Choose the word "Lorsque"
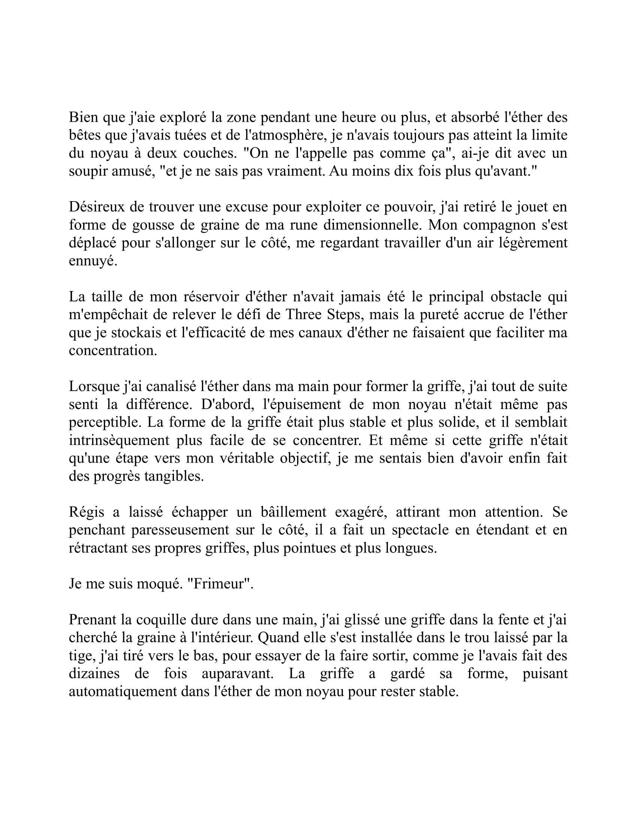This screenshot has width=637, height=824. click(94, 387)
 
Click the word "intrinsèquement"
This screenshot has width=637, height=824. click(119, 440)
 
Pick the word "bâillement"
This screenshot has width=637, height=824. click(293, 512)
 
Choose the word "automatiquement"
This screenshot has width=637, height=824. click(122, 691)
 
